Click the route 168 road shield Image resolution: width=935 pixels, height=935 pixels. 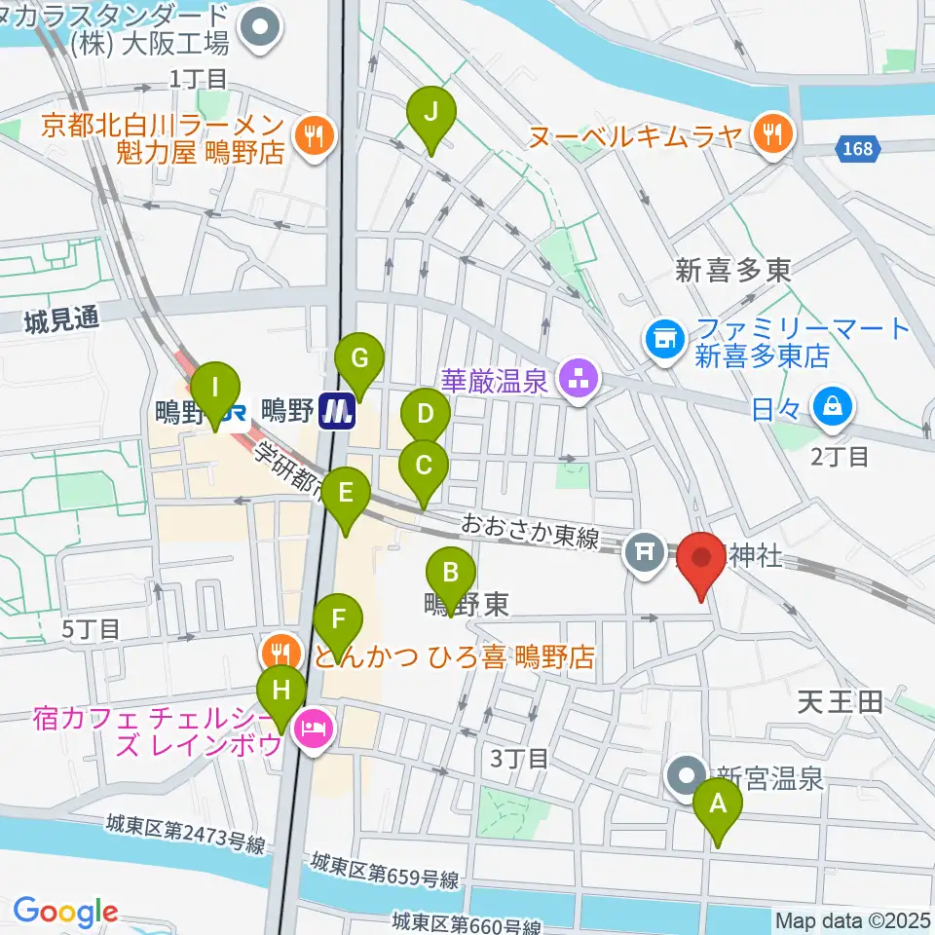click(x=859, y=149)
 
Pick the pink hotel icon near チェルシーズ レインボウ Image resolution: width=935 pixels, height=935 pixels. click(x=313, y=726)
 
